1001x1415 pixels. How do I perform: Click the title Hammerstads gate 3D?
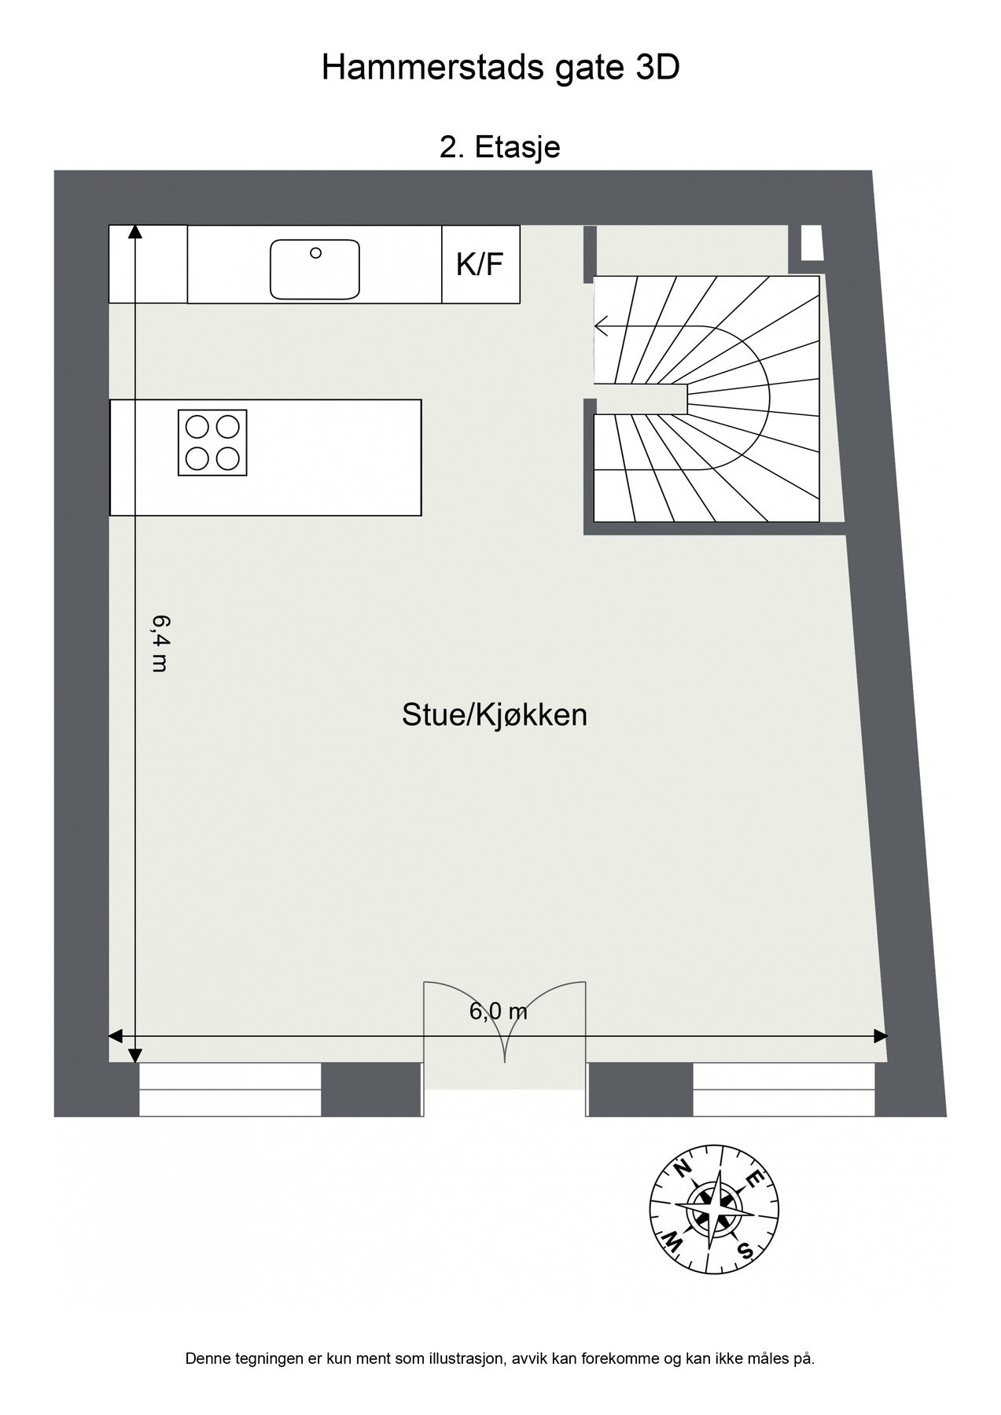pyautogui.click(x=500, y=69)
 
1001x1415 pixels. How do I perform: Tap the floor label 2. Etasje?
pyautogui.click(x=500, y=147)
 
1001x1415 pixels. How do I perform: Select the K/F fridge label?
pyautogui.click(x=480, y=265)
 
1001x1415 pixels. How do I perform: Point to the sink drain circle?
pyautogui.click(x=315, y=252)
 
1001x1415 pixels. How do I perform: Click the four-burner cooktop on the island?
pyautogui.click(x=212, y=443)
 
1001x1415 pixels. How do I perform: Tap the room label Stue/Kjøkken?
pyautogui.click(x=495, y=715)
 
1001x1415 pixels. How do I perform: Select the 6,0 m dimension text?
pyautogui.click(x=499, y=1011)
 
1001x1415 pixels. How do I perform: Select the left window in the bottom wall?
pyautogui.click(x=230, y=1090)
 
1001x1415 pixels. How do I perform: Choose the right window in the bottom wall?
pyautogui.click(x=783, y=1090)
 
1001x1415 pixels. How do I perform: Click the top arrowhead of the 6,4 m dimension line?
pyautogui.click(x=134, y=231)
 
